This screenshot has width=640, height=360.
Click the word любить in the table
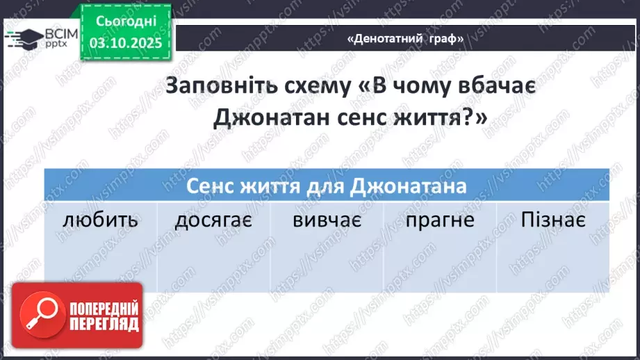click(100, 221)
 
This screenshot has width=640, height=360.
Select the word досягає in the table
click(213, 221)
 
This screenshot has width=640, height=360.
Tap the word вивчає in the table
click(326, 221)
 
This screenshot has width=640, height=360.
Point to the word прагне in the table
click(441, 221)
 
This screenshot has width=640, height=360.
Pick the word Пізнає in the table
click(553, 221)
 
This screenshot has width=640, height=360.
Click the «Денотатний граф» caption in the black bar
click(405, 39)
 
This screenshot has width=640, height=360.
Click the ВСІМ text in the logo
click(58, 33)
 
